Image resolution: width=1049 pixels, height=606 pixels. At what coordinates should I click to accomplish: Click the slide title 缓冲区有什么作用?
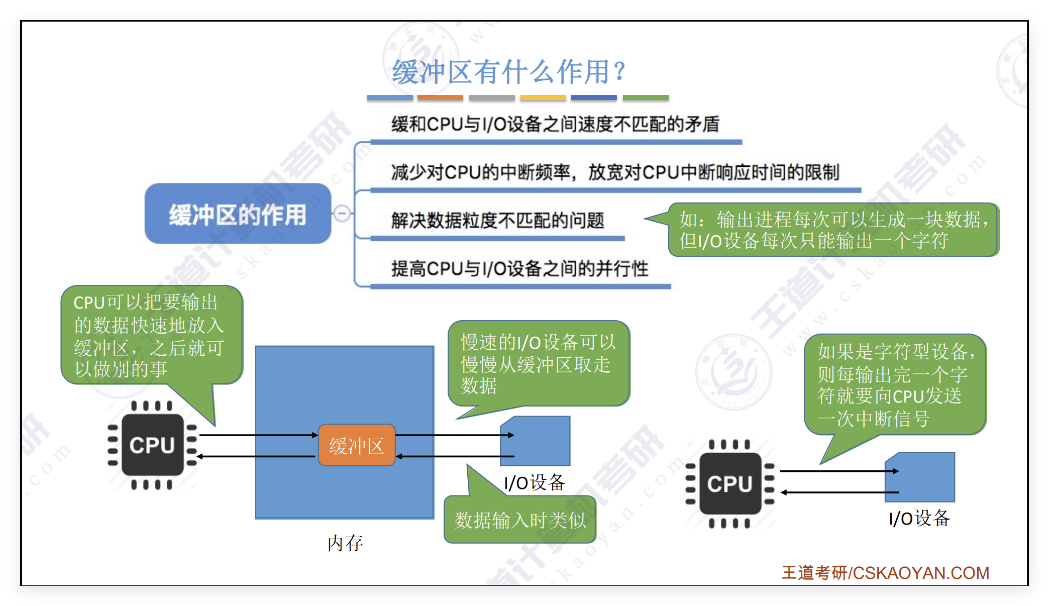[x=508, y=72]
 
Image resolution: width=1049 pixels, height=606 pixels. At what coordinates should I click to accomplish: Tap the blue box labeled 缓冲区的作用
[x=238, y=214]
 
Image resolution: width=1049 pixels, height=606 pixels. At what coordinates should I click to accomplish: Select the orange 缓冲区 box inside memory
[x=357, y=445]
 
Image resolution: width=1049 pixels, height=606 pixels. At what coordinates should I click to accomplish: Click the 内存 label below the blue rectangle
[x=345, y=543]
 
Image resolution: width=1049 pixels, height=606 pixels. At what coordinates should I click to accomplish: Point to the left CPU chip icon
[x=152, y=445]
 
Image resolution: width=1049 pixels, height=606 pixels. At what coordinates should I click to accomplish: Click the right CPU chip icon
[x=729, y=484]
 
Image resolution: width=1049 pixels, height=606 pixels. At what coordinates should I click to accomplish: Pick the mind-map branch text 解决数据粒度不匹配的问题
[x=497, y=220]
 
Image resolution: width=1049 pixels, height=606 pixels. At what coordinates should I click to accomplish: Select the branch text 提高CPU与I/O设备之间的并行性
[x=519, y=268]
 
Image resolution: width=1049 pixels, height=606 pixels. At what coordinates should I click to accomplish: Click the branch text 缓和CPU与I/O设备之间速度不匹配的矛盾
[x=555, y=124]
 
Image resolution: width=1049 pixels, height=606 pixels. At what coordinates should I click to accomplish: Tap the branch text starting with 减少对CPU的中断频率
[x=615, y=172]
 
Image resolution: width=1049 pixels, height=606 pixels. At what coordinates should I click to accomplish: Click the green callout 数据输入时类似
[x=520, y=520]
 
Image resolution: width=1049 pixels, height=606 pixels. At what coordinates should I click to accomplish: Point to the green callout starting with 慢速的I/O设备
[x=538, y=363]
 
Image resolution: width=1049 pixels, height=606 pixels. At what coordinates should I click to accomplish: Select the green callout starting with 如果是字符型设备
[x=895, y=384]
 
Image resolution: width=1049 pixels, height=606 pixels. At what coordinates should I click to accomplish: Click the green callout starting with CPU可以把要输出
[x=151, y=335]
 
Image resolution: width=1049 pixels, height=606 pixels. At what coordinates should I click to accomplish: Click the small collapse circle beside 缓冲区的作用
[x=342, y=214]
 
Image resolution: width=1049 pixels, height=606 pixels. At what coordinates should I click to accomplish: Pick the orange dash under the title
[x=440, y=97]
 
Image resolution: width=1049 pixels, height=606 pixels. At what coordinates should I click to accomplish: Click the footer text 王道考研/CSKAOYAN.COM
[x=885, y=573]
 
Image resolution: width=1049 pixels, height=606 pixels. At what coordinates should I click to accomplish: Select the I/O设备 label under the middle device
[x=535, y=483]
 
